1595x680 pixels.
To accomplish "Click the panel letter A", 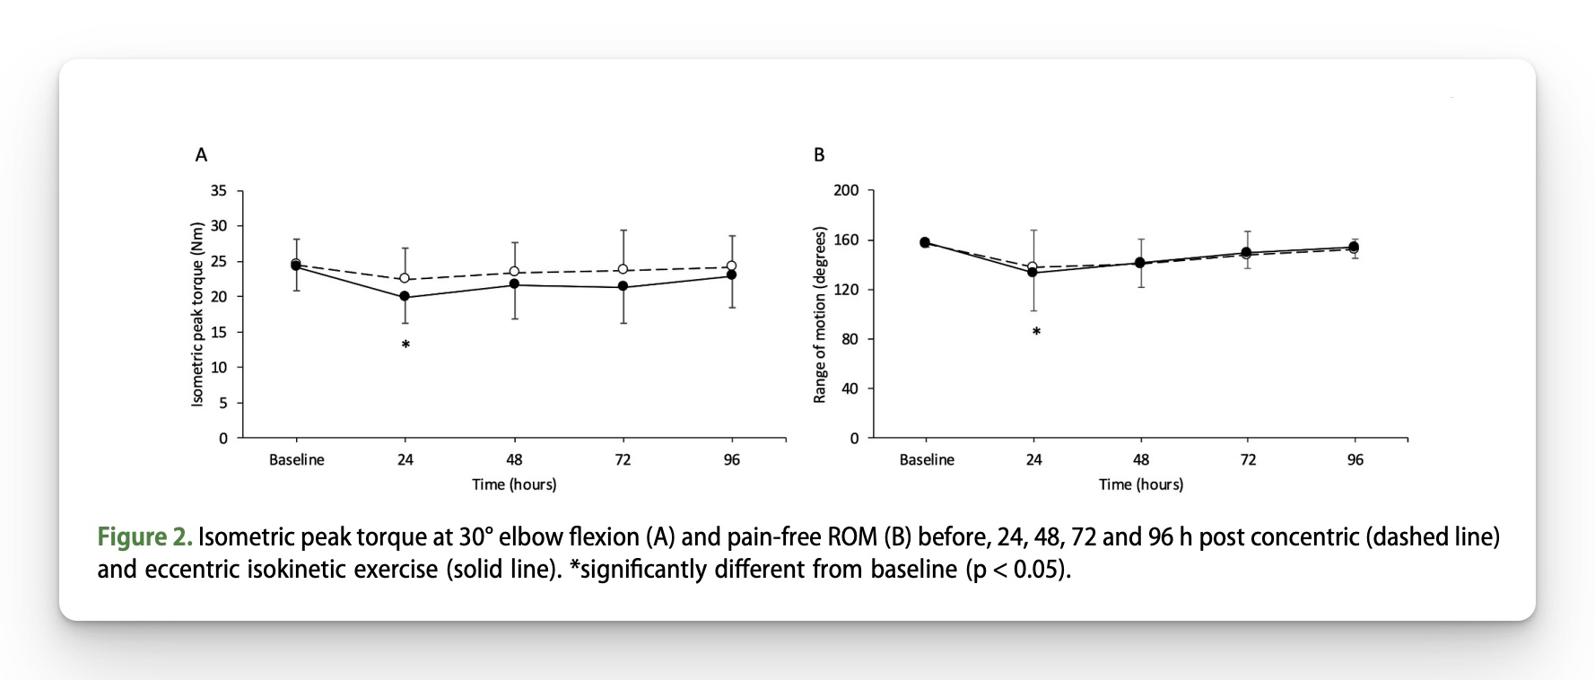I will [201, 155].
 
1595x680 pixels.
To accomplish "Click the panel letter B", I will [818, 155].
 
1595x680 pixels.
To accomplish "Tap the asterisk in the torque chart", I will [405, 344].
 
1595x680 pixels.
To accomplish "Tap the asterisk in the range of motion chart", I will [1036, 332].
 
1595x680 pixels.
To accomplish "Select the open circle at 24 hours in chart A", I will [405, 279].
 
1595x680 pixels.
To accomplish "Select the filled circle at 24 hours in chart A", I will [405, 296].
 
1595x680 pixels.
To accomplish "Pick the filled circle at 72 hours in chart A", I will [623, 286].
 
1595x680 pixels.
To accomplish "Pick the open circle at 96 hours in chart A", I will [731, 266].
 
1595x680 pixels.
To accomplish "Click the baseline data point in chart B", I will [925, 242].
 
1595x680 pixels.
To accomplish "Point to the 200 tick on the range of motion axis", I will [847, 191].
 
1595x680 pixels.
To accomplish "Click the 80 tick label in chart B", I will [850, 340].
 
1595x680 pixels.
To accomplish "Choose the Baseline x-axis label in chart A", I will [297, 460].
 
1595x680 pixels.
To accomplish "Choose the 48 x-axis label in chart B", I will [1140, 460].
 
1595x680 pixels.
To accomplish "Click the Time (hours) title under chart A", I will [514, 484].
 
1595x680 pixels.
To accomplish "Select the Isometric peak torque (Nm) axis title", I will [198, 314].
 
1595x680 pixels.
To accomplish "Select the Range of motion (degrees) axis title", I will [819, 315].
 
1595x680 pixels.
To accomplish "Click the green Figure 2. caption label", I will [144, 537].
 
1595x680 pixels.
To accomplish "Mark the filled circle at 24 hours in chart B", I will [1033, 272].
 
